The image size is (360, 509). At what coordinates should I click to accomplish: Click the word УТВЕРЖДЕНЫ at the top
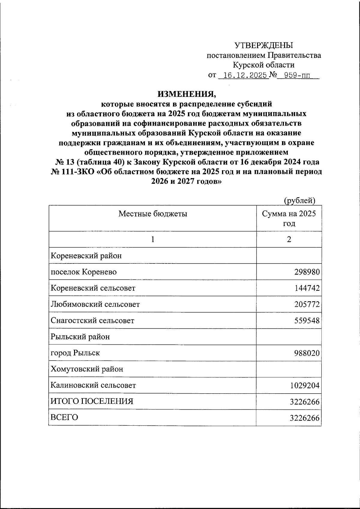(x=264, y=46)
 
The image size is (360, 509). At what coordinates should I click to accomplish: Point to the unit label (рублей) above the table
(x=299, y=201)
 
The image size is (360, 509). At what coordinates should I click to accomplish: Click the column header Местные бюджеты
(x=153, y=214)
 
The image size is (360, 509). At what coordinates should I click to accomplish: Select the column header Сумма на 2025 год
(x=289, y=218)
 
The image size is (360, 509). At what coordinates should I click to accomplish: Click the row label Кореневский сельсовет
(x=93, y=288)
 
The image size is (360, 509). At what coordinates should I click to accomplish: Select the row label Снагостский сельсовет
(x=92, y=320)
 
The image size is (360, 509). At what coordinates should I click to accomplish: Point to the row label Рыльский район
(x=80, y=337)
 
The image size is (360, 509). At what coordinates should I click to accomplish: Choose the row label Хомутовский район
(x=87, y=369)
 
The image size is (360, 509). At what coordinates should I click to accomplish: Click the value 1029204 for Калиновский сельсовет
(x=304, y=385)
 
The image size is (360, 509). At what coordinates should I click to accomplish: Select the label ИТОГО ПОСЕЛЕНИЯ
(x=92, y=401)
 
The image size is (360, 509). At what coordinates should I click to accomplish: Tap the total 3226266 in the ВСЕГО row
(x=304, y=418)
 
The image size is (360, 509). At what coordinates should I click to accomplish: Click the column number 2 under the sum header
(x=289, y=239)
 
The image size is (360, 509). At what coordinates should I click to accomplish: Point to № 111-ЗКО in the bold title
(x=73, y=172)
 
